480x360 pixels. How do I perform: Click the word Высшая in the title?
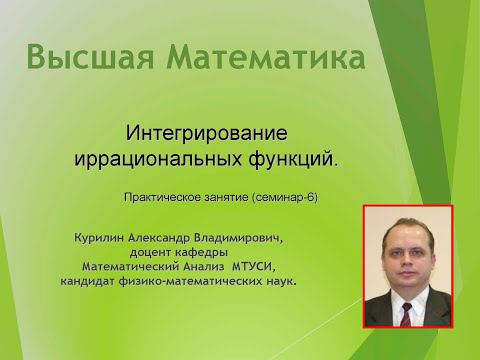[89, 57]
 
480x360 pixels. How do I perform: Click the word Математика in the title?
[262, 57]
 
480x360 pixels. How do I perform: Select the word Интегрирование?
[206, 133]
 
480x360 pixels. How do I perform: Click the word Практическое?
[161, 197]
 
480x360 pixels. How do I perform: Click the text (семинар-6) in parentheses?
[284, 197]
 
